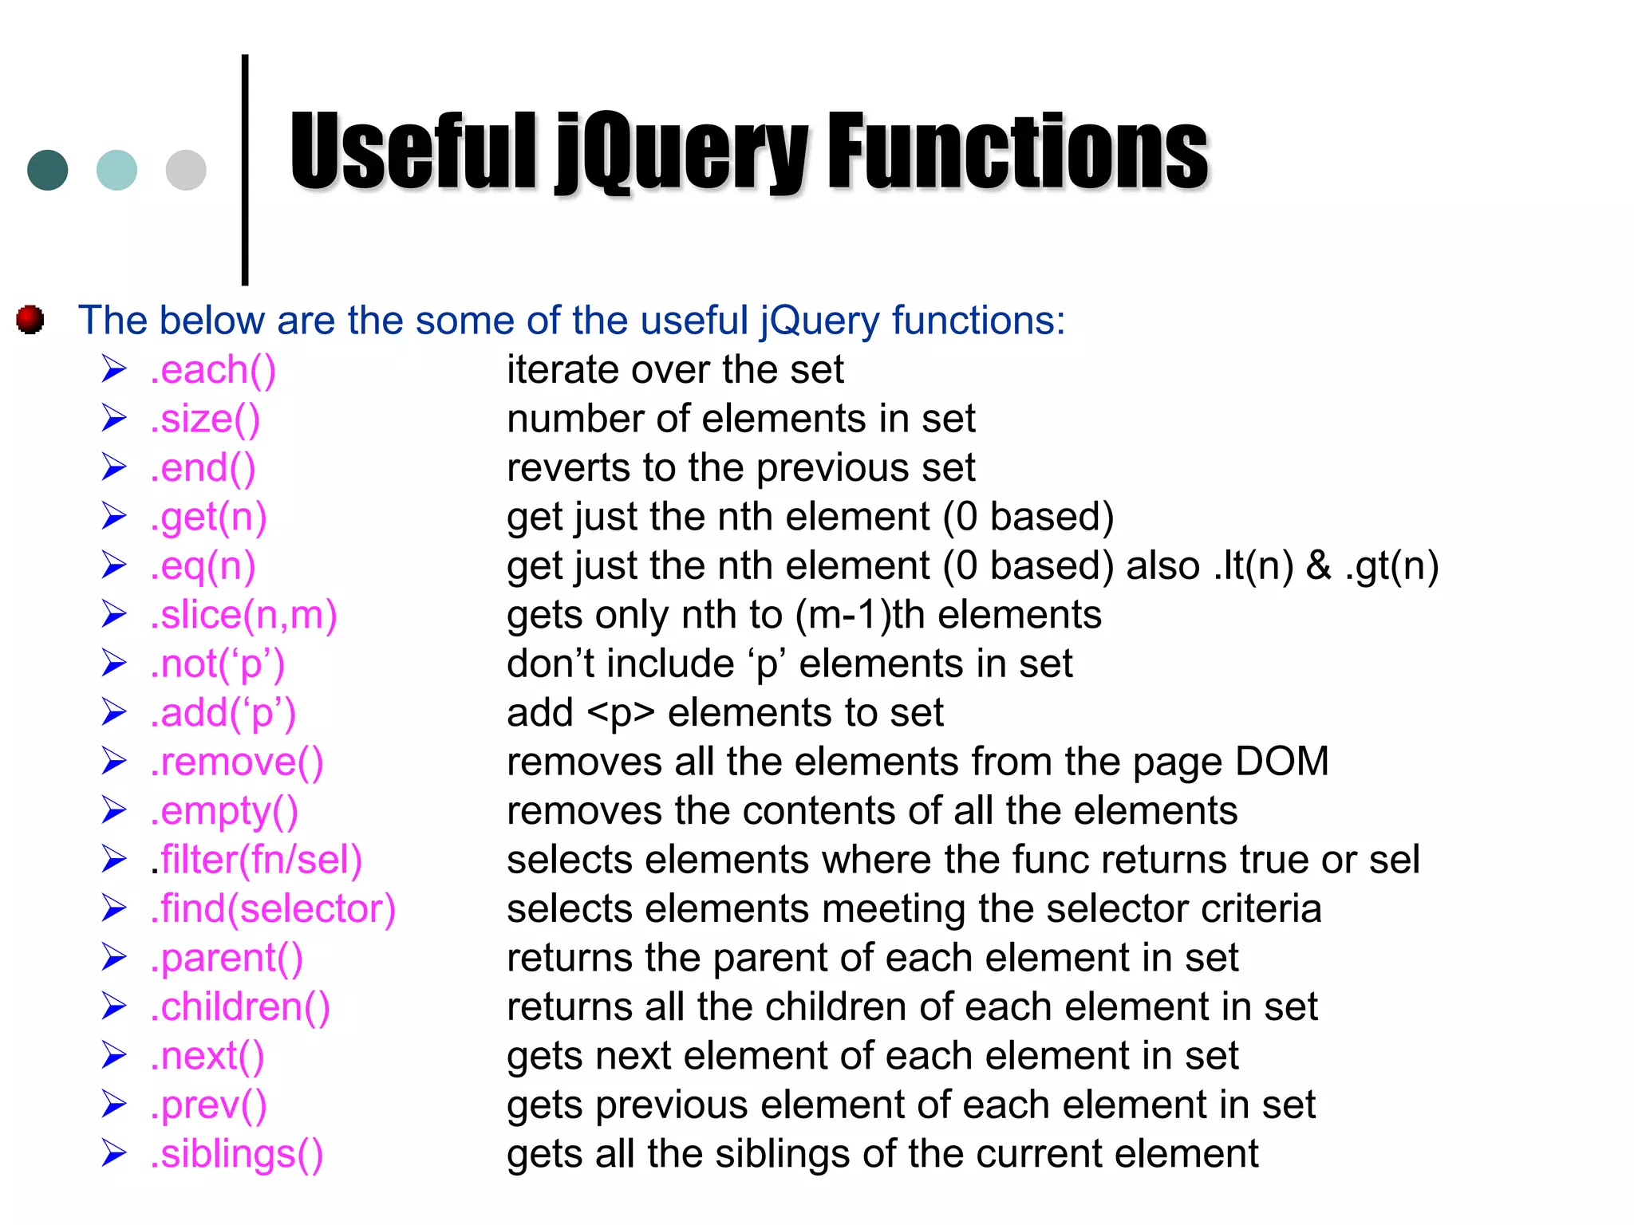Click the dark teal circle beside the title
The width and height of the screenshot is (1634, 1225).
coord(48,170)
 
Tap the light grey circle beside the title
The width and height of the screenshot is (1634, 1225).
coord(186,170)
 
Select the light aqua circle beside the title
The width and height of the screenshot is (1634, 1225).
coord(116,170)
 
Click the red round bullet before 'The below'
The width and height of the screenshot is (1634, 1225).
coord(30,320)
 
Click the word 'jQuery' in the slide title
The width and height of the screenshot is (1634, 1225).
coord(683,152)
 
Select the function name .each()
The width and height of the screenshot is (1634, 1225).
coord(213,370)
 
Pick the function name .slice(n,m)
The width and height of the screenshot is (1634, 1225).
coord(243,615)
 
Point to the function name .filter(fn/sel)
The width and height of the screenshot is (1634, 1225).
coord(256,860)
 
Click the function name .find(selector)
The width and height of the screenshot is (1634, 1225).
coord(273,909)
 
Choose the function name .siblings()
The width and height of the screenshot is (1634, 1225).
coord(237,1154)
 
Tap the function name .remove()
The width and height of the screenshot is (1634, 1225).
coord(237,762)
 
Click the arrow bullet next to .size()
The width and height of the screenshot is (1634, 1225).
coord(114,419)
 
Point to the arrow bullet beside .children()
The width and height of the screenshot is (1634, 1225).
coord(114,1006)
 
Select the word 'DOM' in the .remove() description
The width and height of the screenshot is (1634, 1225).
coord(1281,762)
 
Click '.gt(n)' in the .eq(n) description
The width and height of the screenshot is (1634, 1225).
coord(1391,566)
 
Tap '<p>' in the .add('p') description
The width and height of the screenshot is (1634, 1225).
coord(621,713)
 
